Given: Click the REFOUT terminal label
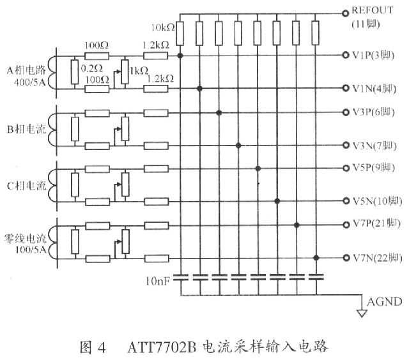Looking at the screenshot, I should coord(373,11).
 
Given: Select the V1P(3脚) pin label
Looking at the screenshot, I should coord(375,56).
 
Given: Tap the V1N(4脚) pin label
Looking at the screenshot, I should coord(375,88).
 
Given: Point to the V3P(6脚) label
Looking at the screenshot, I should coord(375,112).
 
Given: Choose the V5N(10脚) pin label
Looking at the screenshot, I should coord(377,202).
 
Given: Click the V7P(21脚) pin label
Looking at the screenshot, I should coord(377,225).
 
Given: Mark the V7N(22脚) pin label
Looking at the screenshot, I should coord(377,259).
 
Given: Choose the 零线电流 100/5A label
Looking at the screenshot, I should coord(31,242).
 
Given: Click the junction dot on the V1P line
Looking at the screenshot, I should coord(181,56).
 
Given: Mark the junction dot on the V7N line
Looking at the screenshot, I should coord(316,258).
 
